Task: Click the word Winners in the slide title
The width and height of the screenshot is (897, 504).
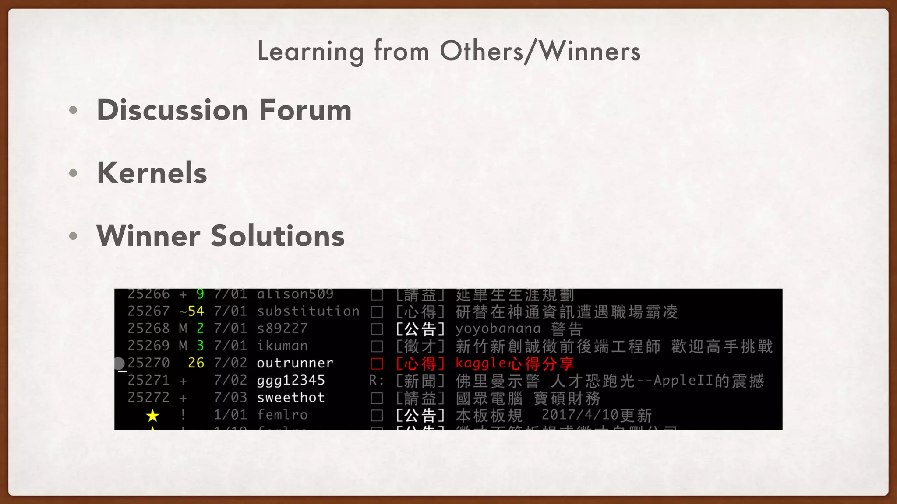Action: pyautogui.click(x=590, y=52)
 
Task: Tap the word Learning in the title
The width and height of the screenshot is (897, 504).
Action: pyautogui.click(x=310, y=52)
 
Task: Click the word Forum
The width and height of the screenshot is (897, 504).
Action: pyautogui.click(x=305, y=110)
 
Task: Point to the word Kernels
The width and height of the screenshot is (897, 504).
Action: pyautogui.click(x=152, y=173)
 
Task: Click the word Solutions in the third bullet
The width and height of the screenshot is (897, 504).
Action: pyautogui.click(x=278, y=236)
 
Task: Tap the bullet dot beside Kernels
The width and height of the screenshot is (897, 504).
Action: pyautogui.click(x=73, y=173)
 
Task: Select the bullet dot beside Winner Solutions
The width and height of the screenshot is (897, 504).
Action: pyautogui.click(x=73, y=236)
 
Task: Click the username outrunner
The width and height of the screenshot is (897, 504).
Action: pyautogui.click(x=295, y=363)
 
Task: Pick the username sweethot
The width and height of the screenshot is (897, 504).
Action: pyautogui.click(x=291, y=398)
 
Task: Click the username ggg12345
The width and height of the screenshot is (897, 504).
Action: pyautogui.click(x=291, y=381)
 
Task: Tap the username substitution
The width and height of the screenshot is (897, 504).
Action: pyautogui.click(x=308, y=311)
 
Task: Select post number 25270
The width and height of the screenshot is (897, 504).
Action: pyautogui.click(x=148, y=363)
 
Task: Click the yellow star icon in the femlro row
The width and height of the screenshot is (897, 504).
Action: pyautogui.click(x=152, y=415)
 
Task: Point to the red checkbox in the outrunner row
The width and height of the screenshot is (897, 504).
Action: pyautogui.click(x=377, y=364)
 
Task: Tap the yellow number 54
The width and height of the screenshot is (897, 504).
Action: pyautogui.click(x=196, y=311)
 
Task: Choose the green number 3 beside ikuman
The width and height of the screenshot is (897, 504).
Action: pyautogui.click(x=200, y=346)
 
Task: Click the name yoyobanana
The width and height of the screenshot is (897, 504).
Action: pyautogui.click(x=498, y=329)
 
